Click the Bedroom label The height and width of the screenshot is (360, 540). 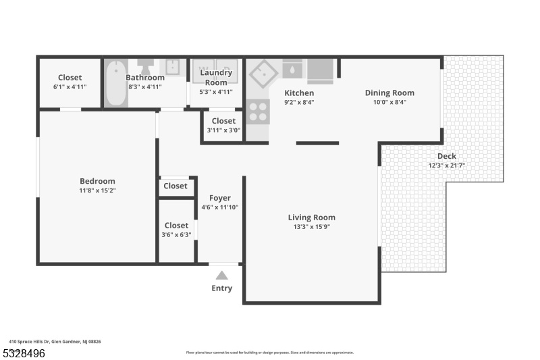97,181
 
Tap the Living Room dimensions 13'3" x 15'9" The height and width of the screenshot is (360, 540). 312,227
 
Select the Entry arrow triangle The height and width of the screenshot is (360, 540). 222,276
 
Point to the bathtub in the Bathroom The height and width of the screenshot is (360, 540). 115,83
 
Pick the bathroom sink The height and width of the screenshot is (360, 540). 172,67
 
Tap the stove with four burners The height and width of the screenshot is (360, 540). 258,111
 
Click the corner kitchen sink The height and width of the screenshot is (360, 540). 263,74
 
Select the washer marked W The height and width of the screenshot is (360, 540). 203,71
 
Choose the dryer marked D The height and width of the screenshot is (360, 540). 227,71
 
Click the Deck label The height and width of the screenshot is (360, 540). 447,156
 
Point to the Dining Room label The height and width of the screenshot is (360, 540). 389,93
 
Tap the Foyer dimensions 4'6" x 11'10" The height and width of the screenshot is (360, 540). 220,207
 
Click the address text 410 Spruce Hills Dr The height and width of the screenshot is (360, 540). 29,342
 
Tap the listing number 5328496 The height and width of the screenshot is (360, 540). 24,353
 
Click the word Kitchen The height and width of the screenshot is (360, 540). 299,93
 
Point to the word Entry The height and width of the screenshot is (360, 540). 222,288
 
